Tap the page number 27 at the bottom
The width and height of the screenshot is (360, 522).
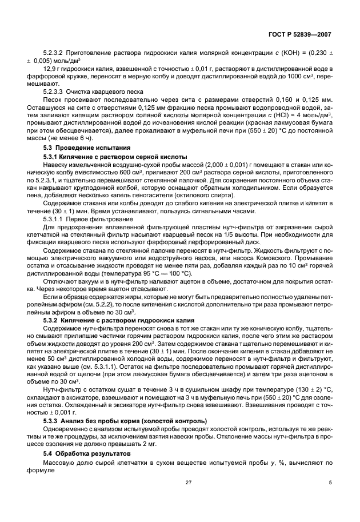(x=188, y=499)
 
